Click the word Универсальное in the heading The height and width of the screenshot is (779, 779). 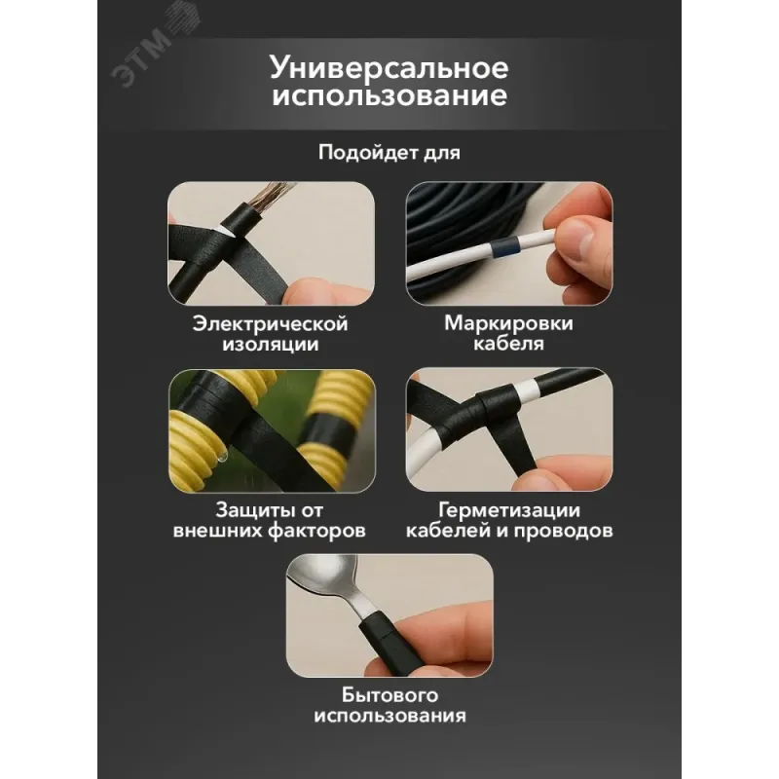pos(389,67)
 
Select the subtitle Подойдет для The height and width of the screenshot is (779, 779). pos(389,152)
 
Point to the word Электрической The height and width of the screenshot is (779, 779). pos(271,324)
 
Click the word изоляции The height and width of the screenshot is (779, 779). pos(271,344)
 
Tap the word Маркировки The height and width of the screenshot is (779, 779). pos(508,323)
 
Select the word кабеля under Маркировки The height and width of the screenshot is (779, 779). pos(508,343)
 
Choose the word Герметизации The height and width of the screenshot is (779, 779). pos(509,510)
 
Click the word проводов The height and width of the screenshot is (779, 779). pos(563,531)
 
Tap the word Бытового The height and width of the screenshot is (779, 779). pos(389,695)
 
